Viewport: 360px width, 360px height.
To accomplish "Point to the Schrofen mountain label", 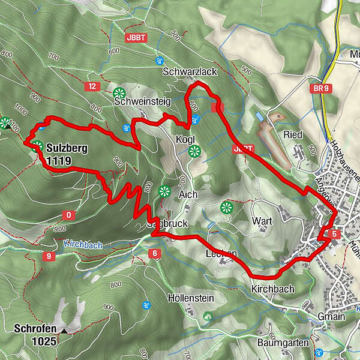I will [37, 329].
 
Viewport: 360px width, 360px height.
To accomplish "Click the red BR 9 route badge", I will [322, 89].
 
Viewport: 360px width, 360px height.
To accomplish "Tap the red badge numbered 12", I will [91, 86].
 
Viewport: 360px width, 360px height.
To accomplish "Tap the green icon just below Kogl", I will [193, 151].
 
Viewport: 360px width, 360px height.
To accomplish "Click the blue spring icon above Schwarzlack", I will [160, 61].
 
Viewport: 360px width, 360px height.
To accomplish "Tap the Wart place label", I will [262, 221].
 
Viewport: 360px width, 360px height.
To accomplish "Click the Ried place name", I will [293, 134].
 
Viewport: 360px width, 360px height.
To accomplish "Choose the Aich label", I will [188, 195].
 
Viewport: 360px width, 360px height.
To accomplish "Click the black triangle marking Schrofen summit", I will [64, 330].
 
